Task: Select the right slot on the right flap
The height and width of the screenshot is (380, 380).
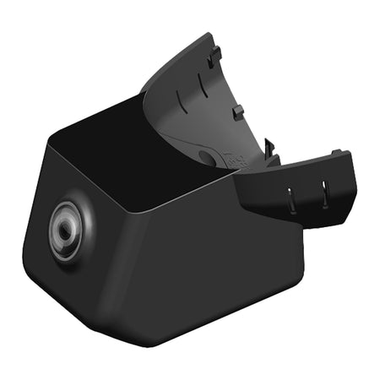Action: tap(323, 193)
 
